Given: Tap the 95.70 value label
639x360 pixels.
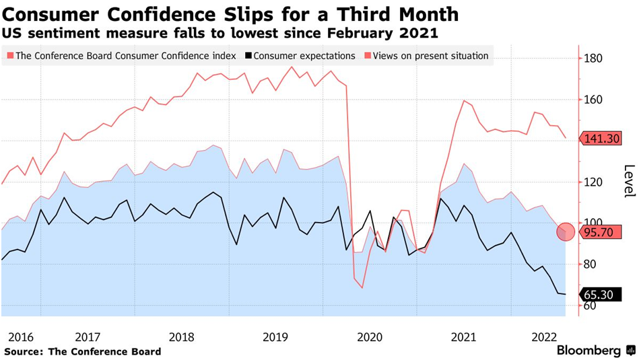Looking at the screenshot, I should point(601,232).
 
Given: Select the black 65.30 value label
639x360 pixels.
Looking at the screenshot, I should point(601,294).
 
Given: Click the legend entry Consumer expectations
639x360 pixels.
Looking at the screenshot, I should point(304,56).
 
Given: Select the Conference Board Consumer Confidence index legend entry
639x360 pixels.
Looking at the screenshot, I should point(125,56).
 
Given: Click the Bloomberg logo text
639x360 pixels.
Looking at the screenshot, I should point(588,351).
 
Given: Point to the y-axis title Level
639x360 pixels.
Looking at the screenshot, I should point(629,182).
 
